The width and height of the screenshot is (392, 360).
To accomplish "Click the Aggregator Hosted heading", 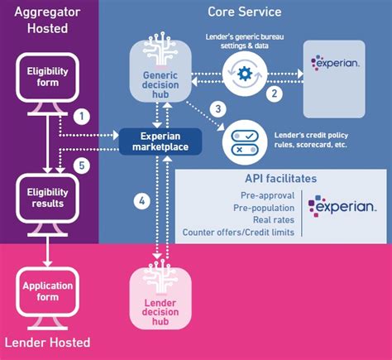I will (46, 20).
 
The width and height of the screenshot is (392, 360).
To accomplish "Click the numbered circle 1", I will (81, 116).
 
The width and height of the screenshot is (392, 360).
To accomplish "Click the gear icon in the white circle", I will (245, 71).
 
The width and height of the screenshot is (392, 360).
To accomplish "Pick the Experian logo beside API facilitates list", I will (342, 205).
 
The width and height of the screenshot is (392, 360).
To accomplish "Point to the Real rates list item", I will (275, 219).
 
